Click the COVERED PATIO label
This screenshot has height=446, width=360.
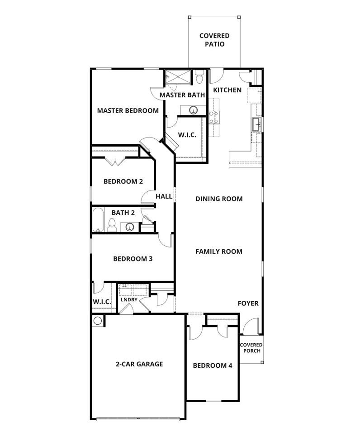pos(214,40)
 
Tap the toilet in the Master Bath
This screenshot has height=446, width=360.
pos(199,78)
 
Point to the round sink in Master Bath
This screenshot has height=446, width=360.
pos(193,110)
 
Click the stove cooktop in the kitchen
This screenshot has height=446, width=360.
pos(213,117)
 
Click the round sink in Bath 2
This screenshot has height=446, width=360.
pos(130,227)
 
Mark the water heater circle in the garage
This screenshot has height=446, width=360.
pos(98,321)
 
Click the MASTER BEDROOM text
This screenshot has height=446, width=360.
pos(128,110)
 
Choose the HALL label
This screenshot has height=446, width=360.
pos(164,196)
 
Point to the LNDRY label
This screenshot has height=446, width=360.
pos(129,299)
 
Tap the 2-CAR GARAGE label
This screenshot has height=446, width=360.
pos(139,364)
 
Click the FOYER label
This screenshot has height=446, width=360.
pos(248,303)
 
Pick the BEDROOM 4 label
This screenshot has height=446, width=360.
pos(212,365)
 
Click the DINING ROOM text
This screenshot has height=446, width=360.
pos(219,199)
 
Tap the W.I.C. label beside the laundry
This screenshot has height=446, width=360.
pos(102,302)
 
